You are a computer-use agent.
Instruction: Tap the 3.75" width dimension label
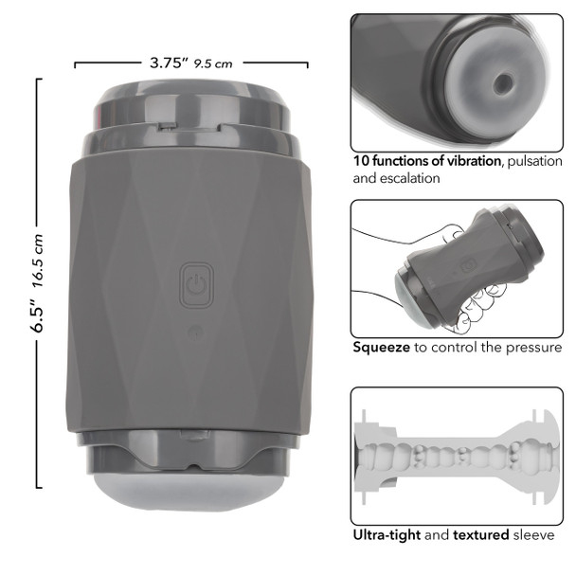(169, 63)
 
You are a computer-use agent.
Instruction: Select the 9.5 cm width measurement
(213, 64)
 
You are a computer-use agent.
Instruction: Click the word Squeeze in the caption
(381, 348)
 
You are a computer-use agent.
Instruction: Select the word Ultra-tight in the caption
(387, 535)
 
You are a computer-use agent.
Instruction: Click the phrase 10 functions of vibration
(426, 161)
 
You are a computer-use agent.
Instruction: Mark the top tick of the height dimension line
(38, 80)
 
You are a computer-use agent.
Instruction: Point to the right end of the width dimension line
(308, 64)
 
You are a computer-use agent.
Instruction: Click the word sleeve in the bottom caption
(534, 535)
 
